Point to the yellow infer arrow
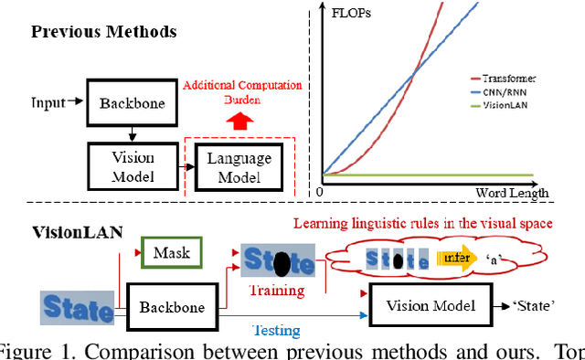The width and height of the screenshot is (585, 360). [x=458, y=260]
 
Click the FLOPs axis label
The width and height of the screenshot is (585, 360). [x=356, y=13]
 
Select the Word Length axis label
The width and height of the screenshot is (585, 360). [x=512, y=193]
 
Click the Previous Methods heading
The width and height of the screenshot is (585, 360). [x=103, y=32]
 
